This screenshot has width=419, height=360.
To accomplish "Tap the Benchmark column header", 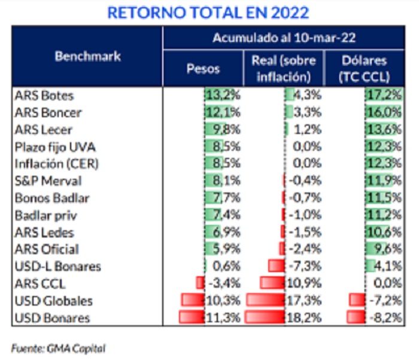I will (x=87, y=57).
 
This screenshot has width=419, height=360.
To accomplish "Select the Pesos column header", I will (x=203, y=68).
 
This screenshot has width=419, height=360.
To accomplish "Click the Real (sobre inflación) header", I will (x=284, y=68).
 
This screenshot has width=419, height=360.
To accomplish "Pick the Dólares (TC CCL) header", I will (x=363, y=68).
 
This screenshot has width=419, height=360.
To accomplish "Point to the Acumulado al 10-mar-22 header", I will (x=284, y=38).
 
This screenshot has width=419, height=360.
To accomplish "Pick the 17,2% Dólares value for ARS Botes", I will (x=384, y=95).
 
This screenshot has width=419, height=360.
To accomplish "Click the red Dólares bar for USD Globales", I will (x=357, y=301).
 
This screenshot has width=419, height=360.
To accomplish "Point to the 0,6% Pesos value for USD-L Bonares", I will (x=227, y=267).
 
